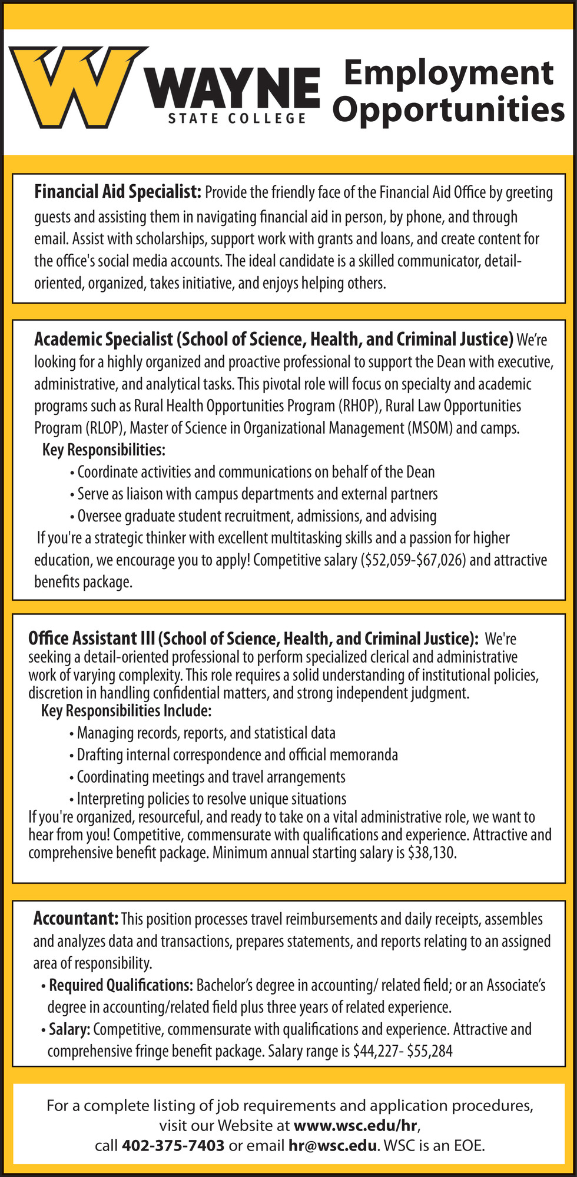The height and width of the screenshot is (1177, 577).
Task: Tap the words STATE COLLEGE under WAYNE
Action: pos(237,119)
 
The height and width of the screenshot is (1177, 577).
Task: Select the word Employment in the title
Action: pos(448,73)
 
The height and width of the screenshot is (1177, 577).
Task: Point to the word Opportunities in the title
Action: pos(452,109)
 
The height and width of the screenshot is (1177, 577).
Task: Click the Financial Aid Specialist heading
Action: pos(118,192)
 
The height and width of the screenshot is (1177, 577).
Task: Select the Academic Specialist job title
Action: pos(273,340)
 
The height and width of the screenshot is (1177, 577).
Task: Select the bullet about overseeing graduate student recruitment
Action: pos(257,516)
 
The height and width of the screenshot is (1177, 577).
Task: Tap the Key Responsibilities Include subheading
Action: pos(126,711)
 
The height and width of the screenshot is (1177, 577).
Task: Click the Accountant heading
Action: pos(76,918)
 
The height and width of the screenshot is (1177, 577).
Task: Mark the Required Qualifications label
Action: pos(121,985)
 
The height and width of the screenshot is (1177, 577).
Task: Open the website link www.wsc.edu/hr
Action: pos(356,1126)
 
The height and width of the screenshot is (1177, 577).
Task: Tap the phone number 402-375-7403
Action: pos(173,1146)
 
